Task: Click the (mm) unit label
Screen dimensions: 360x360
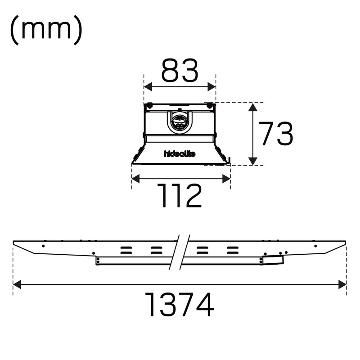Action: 46,30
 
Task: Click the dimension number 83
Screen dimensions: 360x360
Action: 180,71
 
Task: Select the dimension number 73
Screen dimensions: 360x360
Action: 276,134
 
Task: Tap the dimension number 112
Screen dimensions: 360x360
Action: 179,196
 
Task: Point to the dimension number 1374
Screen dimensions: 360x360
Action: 179,305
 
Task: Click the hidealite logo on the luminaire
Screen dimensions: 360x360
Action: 180,153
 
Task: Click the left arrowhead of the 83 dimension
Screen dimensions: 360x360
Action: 148,87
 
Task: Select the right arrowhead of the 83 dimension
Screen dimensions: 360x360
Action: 211,87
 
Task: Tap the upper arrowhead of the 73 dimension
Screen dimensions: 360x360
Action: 253,107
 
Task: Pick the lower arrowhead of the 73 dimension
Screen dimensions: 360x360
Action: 253,161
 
